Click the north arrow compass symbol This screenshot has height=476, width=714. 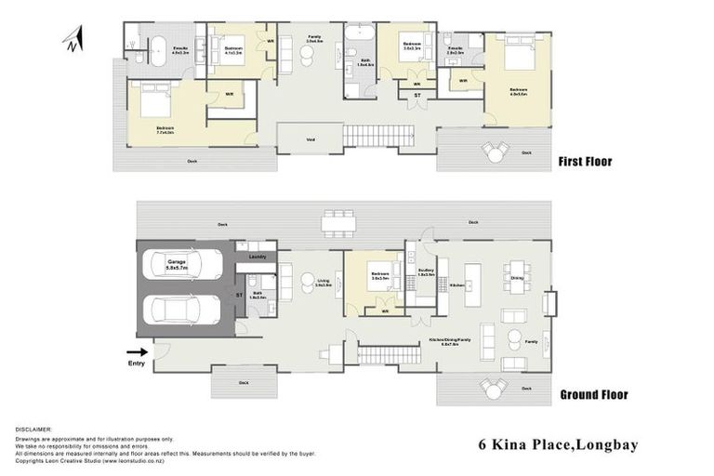[x=73, y=39]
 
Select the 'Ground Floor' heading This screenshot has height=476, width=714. [x=593, y=394]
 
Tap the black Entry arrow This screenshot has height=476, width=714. [x=136, y=351]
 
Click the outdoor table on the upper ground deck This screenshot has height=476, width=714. [x=338, y=222]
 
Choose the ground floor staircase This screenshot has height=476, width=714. [x=377, y=354]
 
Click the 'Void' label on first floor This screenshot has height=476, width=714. [x=310, y=140]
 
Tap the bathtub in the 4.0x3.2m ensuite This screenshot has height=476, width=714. [x=157, y=48]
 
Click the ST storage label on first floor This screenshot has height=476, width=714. [x=416, y=94]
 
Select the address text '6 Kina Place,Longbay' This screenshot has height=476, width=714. [x=558, y=445]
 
